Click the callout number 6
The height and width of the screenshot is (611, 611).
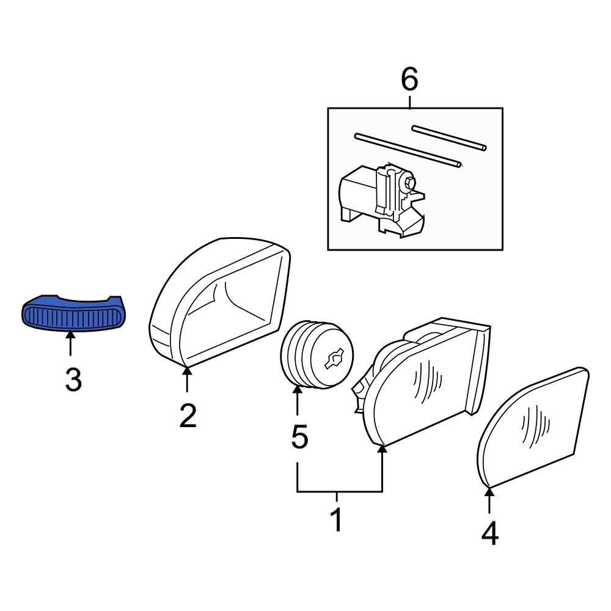click(x=409, y=79)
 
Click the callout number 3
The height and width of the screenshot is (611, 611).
click(x=73, y=381)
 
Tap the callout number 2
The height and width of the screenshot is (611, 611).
click(x=188, y=416)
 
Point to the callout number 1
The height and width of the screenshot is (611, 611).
click(x=336, y=521)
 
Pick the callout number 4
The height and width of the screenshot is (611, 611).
click(x=489, y=534)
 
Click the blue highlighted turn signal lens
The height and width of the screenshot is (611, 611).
click(x=72, y=315)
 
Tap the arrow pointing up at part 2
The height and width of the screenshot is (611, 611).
click(x=187, y=379)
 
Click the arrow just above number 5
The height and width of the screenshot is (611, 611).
click(x=298, y=400)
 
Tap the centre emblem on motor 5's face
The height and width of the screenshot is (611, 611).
click(x=334, y=360)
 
